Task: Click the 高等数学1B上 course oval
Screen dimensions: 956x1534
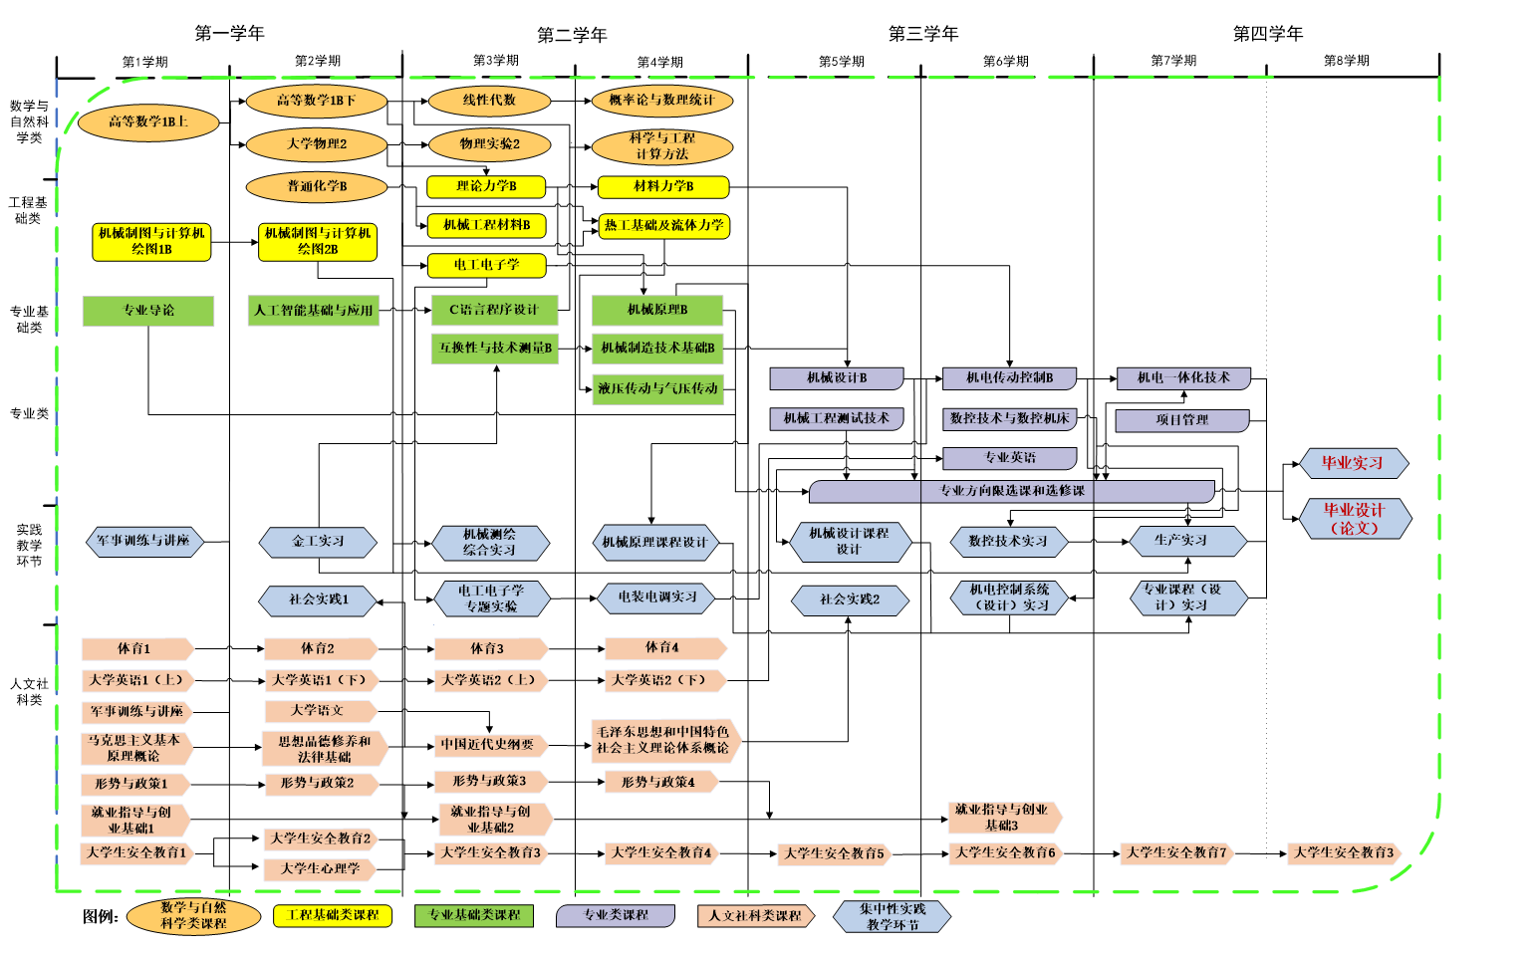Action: pyautogui.click(x=147, y=122)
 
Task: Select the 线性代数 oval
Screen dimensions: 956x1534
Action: pyautogui.click(x=489, y=101)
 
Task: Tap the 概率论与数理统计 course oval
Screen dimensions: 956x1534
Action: pyautogui.click(x=661, y=101)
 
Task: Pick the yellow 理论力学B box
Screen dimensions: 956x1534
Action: pyautogui.click(x=486, y=186)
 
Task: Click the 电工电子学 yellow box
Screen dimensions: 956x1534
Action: pyautogui.click(x=486, y=265)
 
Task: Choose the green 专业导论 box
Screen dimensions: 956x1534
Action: pyautogui.click(x=148, y=311)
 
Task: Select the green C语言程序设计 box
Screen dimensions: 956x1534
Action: pyautogui.click(x=494, y=310)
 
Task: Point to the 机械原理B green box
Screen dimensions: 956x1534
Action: pyautogui.click(x=657, y=310)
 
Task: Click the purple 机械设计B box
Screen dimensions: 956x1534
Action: pyautogui.click(x=837, y=378)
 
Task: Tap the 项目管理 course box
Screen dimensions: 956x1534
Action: pyautogui.click(x=1181, y=420)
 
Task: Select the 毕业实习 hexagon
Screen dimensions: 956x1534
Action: pyautogui.click(x=1353, y=463)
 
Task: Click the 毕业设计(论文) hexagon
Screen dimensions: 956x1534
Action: pyautogui.click(x=1355, y=519)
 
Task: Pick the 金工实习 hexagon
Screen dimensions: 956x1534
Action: pyautogui.click(x=318, y=542)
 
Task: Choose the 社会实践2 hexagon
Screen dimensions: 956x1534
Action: pyautogui.click(x=850, y=599)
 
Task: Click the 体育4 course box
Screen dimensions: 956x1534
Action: pyautogui.click(x=662, y=648)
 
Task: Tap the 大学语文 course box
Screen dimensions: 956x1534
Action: pyautogui.click(x=318, y=711)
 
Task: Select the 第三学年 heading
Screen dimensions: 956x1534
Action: pyautogui.click(x=923, y=34)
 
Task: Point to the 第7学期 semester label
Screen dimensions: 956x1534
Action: pyautogui.click(x=1173, y=61)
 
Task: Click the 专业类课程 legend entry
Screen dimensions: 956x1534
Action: pyautogui.click(x=616, y=915)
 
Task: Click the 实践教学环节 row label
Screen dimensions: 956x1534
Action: pyautogui.click(x=29, y=546)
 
